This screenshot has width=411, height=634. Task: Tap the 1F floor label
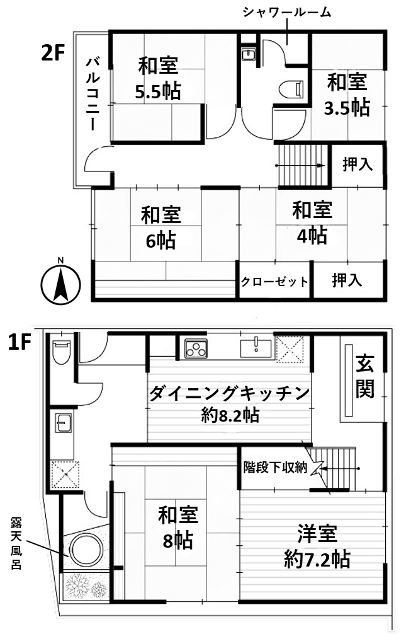click(x=20, y=342)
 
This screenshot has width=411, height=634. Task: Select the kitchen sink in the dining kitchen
click(x=256, y=347)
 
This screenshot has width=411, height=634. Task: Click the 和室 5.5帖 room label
click(x=158, y=78)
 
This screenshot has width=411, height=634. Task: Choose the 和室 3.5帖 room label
click(x=346, y=94)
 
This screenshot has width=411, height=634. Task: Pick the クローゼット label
click(x=275, y=281)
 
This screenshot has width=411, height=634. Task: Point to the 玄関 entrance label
click(x=365, y=377)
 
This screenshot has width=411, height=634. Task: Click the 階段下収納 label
click(x=275, y=468)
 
